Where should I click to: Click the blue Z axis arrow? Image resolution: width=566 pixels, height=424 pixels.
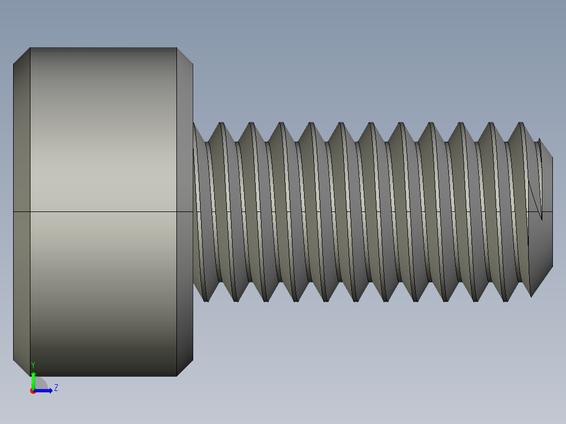46,390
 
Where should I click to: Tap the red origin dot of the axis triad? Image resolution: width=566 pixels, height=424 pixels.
33,391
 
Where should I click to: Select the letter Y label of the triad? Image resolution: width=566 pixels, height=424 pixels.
33,365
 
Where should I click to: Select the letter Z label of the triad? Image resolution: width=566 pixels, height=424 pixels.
56,388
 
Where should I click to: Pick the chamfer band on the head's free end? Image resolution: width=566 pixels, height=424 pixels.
22,157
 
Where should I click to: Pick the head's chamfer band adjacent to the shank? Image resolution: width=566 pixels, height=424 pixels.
185,157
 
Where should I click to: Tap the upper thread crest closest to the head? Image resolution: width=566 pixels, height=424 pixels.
222,124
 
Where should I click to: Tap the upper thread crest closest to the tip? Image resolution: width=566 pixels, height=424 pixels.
521,124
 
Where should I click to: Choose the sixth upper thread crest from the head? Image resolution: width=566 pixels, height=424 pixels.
371,124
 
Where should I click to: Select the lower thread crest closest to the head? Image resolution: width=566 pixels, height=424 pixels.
206,300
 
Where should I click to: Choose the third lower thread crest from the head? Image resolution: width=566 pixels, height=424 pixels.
266,300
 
